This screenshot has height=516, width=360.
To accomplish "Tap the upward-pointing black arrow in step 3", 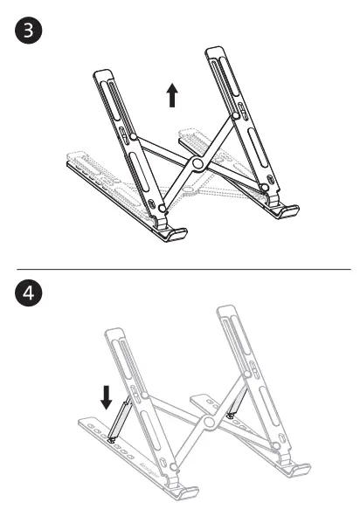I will (173, 94).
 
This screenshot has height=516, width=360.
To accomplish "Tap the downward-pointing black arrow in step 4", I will (107, 397).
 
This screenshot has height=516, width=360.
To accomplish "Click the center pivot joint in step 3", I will (197, 165).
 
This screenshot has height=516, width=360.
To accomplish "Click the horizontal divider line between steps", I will (180, 269).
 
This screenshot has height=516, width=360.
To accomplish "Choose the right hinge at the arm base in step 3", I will (265, 186).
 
